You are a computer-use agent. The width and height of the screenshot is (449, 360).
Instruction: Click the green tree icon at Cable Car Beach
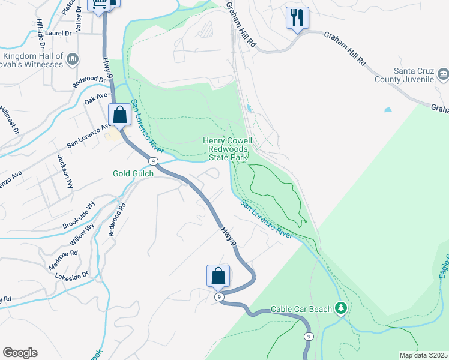(x=341, y=308)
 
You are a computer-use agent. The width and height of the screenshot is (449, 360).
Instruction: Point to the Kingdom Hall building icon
(x=73, y=59)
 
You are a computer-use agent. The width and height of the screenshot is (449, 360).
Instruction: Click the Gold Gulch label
(x=133, y=173)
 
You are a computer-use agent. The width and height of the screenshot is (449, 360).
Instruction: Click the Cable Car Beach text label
(x=301, y=309)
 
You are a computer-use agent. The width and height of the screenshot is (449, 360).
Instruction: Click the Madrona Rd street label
(x=63, y=260)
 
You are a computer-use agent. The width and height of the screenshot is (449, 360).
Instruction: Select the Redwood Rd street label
(x=116, y=220)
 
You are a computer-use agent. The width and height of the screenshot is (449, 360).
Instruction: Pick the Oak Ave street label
(x=95, y=98)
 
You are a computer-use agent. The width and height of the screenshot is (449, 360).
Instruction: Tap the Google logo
(x=20, y=353)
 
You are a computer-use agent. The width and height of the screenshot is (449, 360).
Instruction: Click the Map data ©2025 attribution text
(x=423, y=355)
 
